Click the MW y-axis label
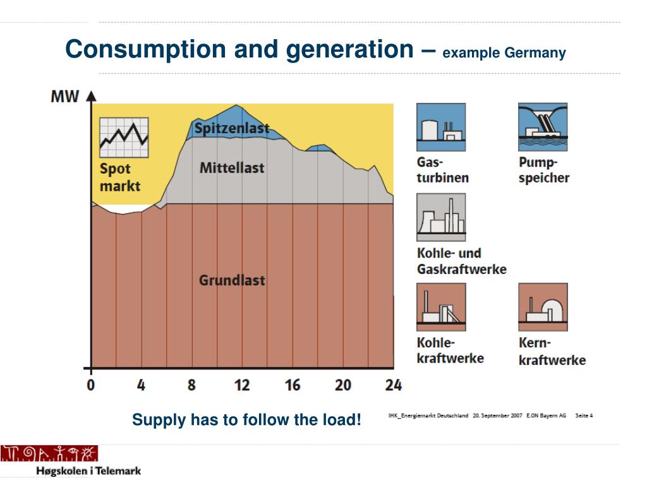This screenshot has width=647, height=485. pyautogui.click(x=64, y=97)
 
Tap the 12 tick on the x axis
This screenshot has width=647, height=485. pyautogui.click(x=241, y=385)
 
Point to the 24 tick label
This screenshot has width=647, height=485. pyautogui.click(x=393, y=385)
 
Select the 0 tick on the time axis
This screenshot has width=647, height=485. pyautogui.click(x=91, y=385)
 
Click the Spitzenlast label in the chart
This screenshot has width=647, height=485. pyautogui.click(x=231, y=129)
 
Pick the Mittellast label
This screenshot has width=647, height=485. pyautogui.click(x=232, y=168)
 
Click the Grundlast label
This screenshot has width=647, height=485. pyautogui.click(x=232, y=280)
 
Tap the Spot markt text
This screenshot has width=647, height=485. pyautogui.click(x=120, y=177)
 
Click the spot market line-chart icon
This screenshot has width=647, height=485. pyautogui.click(x=124, y=137)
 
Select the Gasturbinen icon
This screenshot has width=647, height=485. pyautogui.click(x=441, y=128)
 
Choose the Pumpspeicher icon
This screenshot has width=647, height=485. pyautogui.click(x=543, y=128)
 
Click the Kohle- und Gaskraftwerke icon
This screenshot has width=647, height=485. pyautogui.click(x=441, y=217)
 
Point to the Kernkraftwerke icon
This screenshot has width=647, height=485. pyautogui.click(x=543, y=307)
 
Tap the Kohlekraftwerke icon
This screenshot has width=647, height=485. pyautogui.click(x=441, y=307)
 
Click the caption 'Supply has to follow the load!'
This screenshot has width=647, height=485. pyautogui.click(x=247, y=419)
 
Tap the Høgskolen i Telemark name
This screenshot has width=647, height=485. pyautogui.click(x=88, y=471)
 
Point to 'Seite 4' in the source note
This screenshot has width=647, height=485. pyautogui.click(x=584, y=416)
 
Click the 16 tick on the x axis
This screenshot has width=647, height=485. pyautogui.click(x=292, y=385)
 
